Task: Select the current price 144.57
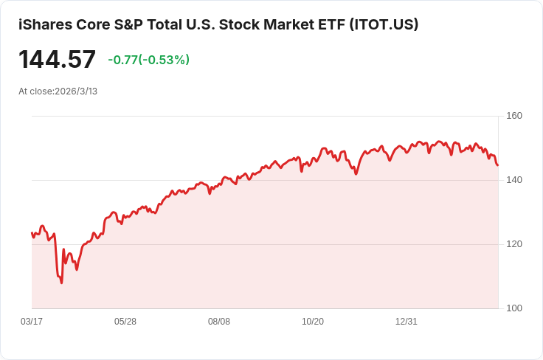(x=57, y=60)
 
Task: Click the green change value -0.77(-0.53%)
(x=148, y=60)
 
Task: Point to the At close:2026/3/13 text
(x=58, y=91)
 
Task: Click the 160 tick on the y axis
(x=514, y=116)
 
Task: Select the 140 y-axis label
(x=514, y=180)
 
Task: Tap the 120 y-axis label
(x=514, y=244)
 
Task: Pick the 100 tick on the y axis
(x=514, y=308)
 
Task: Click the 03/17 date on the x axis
(x=32, y=322)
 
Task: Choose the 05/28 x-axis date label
(x=125, y=322)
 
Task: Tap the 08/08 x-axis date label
(x=219, y=322)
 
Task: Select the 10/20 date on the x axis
(x=313, y=322)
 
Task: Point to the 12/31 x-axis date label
(x=407, y=322)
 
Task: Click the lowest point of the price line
(x=61, y=283)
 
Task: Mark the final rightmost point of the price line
(x=497, y=165)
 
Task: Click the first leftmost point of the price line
(x=32, y=233)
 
